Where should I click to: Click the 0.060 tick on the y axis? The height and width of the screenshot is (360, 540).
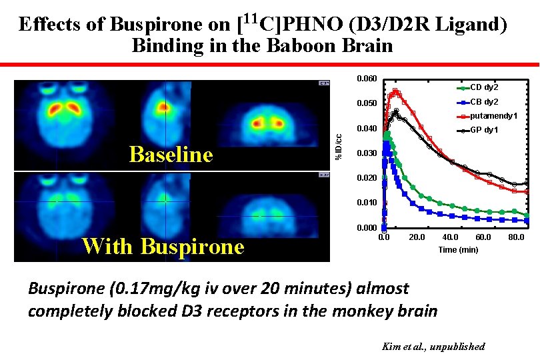click(367, 79)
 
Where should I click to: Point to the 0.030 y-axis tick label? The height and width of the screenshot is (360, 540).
click(367, 153)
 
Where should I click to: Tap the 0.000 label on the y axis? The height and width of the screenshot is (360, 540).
click(367, 228)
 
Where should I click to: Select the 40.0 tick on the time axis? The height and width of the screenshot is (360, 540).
click(450, 237)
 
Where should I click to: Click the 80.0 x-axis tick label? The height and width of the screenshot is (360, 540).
click(516, 237)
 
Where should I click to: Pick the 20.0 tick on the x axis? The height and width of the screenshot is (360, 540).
click(417, 237)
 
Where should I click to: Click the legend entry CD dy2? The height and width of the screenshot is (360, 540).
click(484, 87)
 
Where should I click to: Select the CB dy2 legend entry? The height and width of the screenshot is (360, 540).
click(484, 102)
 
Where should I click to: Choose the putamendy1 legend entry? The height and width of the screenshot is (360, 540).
click(493, 116)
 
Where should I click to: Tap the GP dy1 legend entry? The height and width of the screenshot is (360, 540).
click(484, 130)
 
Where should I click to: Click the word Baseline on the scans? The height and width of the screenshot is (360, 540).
click(171, 155)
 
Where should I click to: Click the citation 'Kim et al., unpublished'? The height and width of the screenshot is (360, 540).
click(433, 347)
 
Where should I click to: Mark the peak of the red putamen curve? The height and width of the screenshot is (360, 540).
click(395, 91)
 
